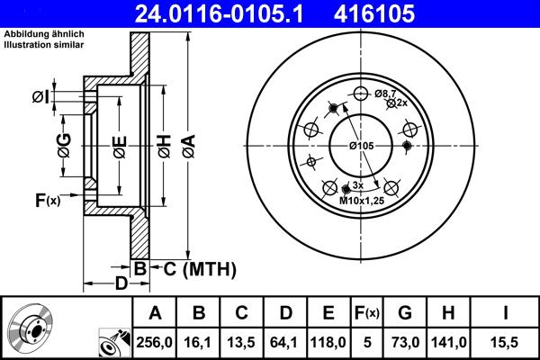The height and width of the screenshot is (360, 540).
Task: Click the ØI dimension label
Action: coord(64,96)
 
